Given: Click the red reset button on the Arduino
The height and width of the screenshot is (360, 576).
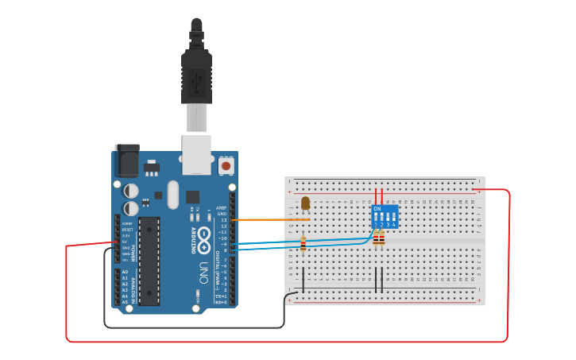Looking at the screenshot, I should pos(226,166).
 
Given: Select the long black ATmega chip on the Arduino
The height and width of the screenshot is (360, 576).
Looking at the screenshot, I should pos(149,261).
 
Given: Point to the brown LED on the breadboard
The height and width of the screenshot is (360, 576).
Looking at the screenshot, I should pos(306,204).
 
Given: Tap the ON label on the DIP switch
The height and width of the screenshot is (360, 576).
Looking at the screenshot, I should pos(377,209).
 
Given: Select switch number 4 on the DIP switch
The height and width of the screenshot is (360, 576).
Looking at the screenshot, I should pos(393,218).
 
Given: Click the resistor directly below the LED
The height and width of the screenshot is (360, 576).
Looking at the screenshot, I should pos(303,245).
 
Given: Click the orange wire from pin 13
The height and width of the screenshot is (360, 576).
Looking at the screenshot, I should pos(270,219).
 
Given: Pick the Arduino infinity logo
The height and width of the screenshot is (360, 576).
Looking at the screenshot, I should pos(204,238).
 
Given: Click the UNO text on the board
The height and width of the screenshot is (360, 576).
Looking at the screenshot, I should pos(203,269).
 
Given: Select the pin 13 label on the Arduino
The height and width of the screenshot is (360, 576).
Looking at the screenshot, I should pos(223,220).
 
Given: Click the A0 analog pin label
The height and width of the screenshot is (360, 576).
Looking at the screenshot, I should pos(125,272).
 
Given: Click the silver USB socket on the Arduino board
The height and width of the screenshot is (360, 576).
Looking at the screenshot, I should pos(196,154).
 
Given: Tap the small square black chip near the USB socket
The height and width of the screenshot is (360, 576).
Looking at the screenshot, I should pos(193,196).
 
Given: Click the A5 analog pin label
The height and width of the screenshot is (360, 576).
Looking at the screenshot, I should pos(125,302).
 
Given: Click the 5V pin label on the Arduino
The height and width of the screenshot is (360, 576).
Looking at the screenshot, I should pos(126,242).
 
